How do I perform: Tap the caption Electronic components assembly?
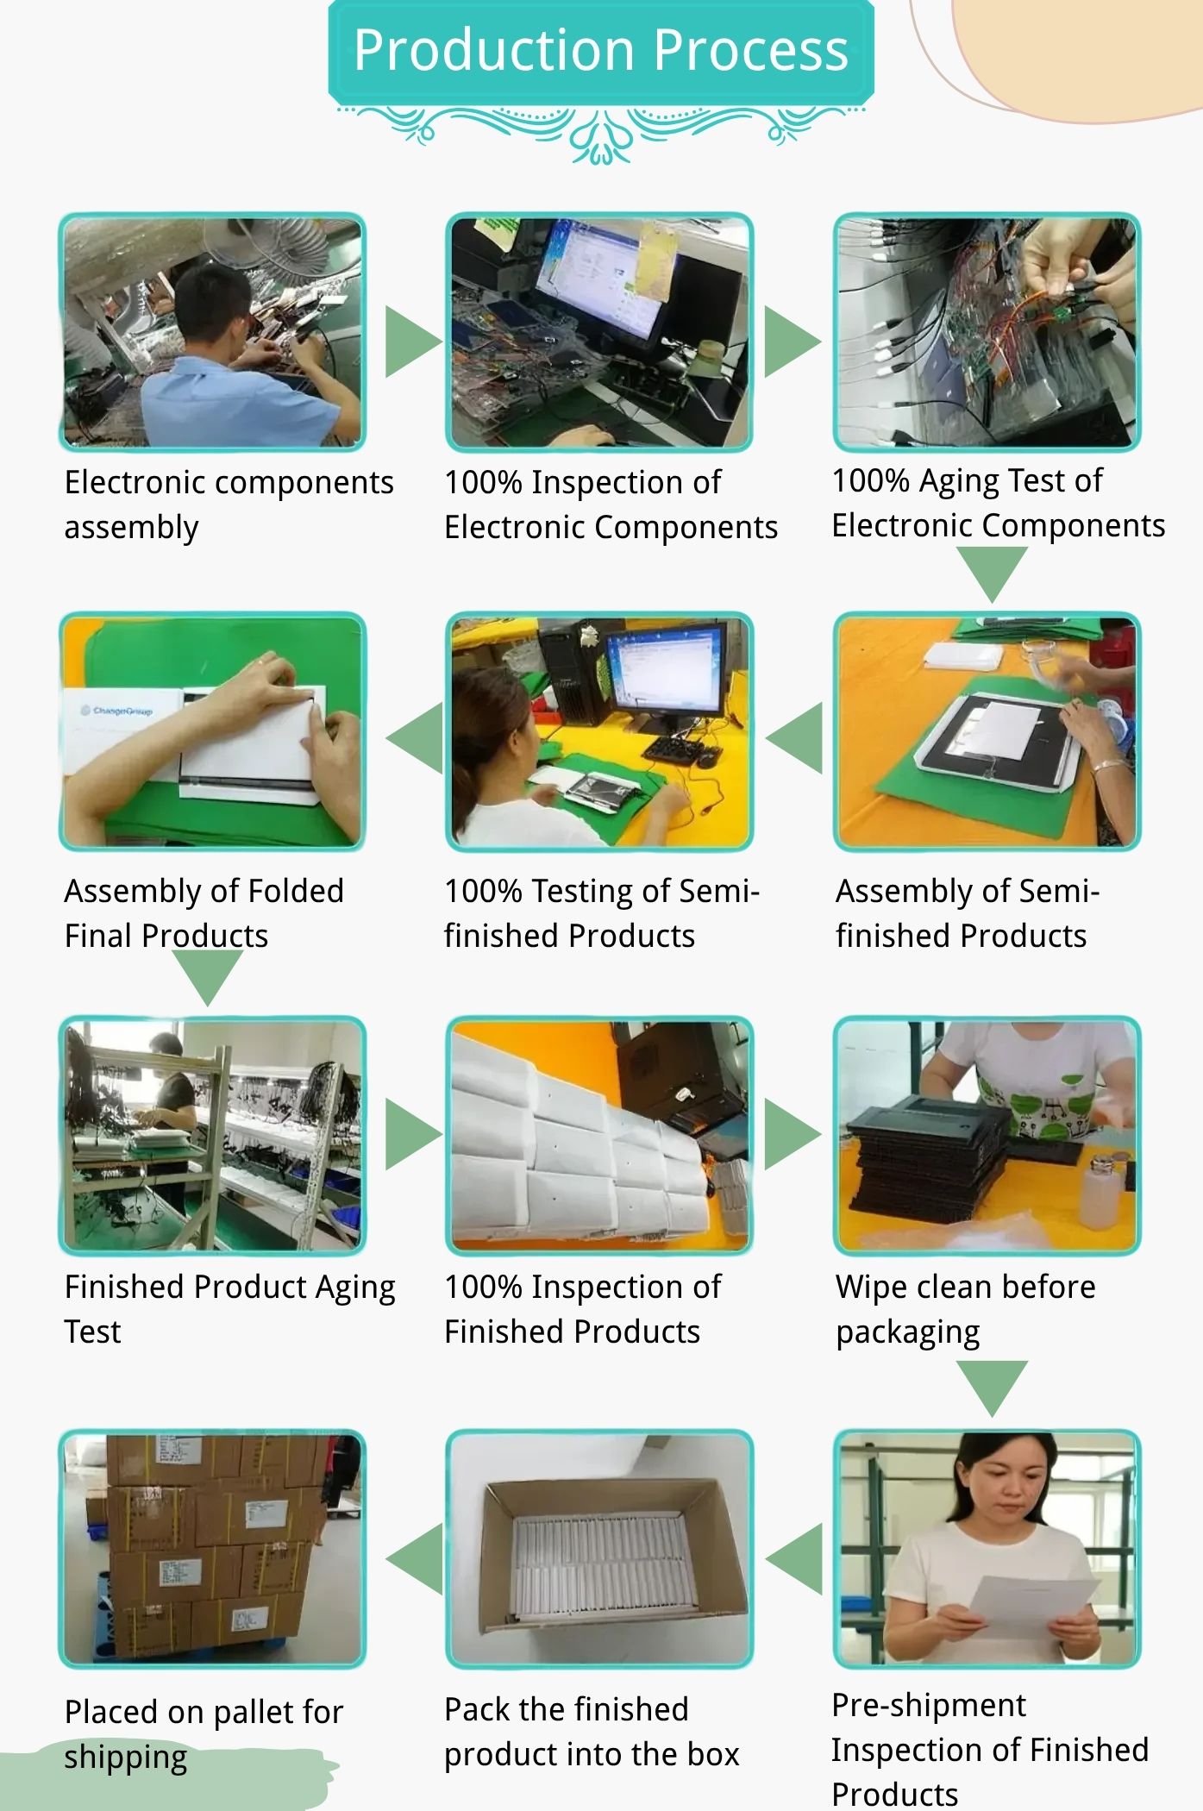[229, 504]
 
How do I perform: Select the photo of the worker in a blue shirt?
[212, 332]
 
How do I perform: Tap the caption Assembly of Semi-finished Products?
[967, 913]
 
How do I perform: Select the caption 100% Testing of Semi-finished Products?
[601, 913]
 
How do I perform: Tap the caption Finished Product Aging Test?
[229, 1309]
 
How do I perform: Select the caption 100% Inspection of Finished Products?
[582, 1309]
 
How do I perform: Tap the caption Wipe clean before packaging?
[966, 1309]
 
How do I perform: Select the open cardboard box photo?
[599, 1549]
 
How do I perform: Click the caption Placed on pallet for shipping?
[204, 1734]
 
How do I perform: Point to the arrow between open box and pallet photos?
[415, 1558]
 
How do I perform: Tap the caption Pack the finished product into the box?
[592, 1732]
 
